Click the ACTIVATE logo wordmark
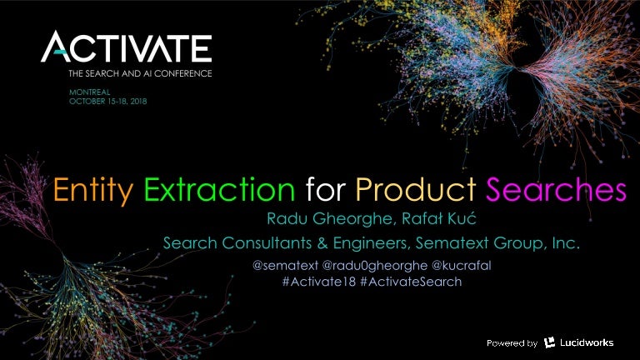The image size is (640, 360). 127,47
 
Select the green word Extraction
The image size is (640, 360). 220,190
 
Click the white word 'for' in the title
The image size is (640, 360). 325,190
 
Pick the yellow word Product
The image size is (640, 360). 416,190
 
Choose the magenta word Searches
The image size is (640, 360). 556,190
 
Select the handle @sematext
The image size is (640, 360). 281,266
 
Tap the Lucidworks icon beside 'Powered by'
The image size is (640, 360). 550,342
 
